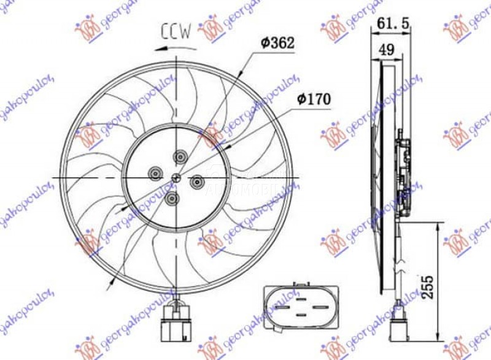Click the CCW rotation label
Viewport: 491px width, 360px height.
point(177,30)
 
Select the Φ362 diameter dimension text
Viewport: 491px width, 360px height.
point(277,43)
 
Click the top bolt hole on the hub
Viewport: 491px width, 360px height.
point(180,157)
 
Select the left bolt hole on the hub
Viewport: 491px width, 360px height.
point(154,174)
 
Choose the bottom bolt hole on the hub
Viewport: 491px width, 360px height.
point(172,198)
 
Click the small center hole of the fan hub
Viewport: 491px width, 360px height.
point(176,178)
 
